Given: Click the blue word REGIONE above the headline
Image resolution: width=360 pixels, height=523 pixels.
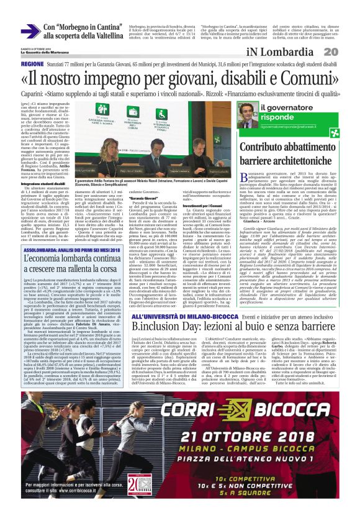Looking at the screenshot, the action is click(32, 64).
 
